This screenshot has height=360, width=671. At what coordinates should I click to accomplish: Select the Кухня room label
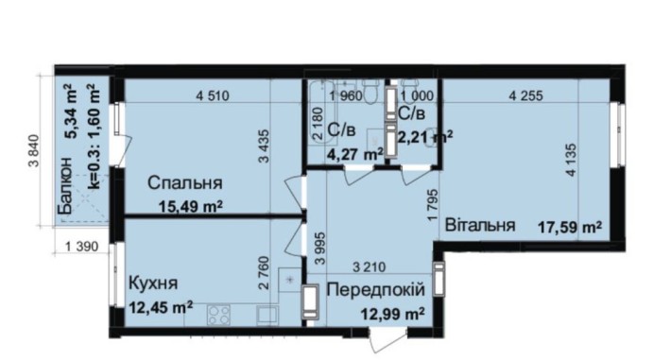point(152,283)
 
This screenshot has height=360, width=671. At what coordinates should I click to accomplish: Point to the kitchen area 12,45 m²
point(161,304)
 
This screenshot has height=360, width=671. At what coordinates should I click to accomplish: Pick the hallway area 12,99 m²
point(387,312)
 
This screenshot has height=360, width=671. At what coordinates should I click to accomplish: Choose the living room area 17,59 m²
point(570,227)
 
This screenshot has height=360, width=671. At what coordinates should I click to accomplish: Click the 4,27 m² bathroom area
point(355,151)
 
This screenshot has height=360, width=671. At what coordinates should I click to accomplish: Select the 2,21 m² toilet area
point(424,138)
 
